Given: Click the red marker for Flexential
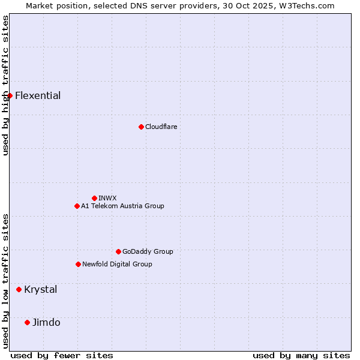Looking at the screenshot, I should [x=10, y=95].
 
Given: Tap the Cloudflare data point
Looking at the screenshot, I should [x=141, y=127].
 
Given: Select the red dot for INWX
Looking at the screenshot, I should [x=94, y=198].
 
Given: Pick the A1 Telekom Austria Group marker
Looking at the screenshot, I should [x=77, y=206].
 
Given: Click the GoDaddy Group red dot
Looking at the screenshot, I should [x=118, y=251].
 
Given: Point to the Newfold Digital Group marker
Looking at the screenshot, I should [x=78, y=264].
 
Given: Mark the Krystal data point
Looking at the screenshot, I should [x=19, y=289].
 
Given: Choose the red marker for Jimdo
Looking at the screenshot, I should [x=27, y=322].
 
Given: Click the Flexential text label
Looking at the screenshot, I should [x=38, y=95].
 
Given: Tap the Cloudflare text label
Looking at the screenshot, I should [x=161, y=127].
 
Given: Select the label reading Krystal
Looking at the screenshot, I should [x=41, y=289].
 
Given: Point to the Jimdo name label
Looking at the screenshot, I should [x=46, y=322].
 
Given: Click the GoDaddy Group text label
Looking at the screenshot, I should [x=148, y=251].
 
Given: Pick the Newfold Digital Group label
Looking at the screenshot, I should [x=117, y=264].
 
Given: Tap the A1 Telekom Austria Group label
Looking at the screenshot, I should [x=122, y=206].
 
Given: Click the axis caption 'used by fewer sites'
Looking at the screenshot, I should [x=62, y=355].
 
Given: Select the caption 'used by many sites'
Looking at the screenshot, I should [x=301, y=355].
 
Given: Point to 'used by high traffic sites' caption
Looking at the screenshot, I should [x=5, y=85].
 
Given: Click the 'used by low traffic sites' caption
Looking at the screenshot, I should [x=5, y=281].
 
